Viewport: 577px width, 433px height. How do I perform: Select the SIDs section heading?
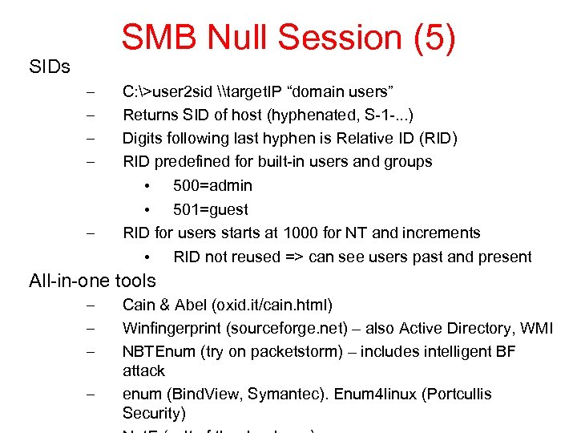pos(50,67)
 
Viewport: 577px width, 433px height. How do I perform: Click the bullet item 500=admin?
pos(212,185)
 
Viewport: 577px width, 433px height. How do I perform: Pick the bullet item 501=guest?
pos(211,209)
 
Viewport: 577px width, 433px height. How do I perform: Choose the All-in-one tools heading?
pos(92,281)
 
